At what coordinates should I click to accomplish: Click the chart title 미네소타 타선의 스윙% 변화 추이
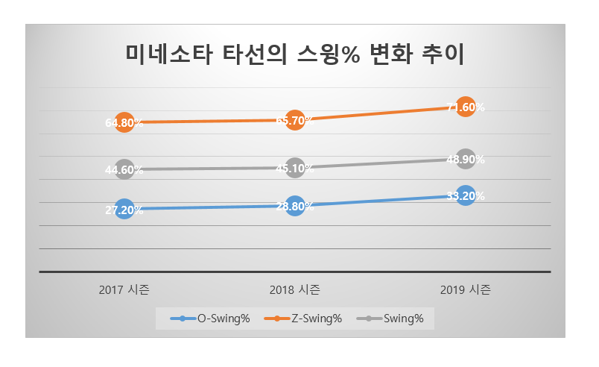tap(299, 54)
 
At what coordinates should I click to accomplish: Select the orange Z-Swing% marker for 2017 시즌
tap(124, 122)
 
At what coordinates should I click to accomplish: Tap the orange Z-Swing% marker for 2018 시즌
tap(295, 120)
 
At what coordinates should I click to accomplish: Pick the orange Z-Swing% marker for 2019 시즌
tap(466, 107)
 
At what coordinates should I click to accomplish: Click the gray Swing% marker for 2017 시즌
tap(124, 169)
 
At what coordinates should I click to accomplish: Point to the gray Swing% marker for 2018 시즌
tap(295, 168)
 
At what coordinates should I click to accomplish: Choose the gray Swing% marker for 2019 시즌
tap(466, 159)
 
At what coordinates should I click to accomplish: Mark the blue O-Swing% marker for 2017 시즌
tap(124, 210)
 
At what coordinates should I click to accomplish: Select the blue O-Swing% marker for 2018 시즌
tap(295, 206)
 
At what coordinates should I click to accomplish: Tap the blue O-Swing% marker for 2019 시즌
tap(466, 196)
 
